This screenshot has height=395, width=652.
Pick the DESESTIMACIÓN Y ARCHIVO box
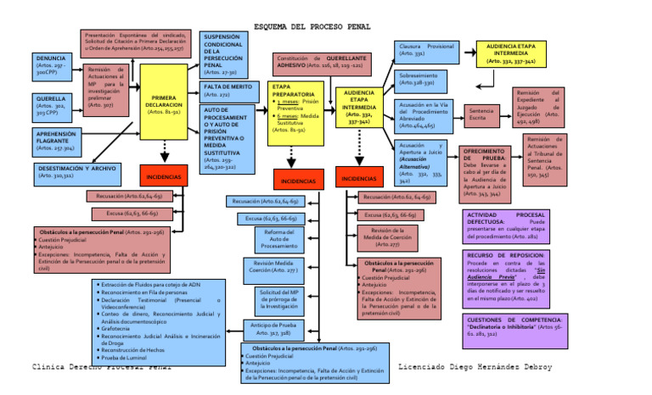(78, 172)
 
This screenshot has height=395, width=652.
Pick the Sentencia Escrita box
(481, 114)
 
